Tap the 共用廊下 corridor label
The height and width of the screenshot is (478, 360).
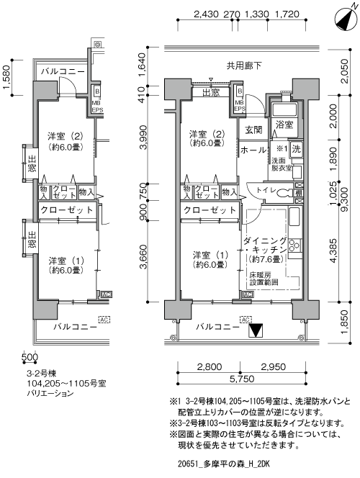pyautogui.click(x=244, y=66)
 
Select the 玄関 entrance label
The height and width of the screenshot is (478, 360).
pyautogui.click(x=253, y=130)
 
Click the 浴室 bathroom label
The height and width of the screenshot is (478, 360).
pyautogui.click(x=284, y=125)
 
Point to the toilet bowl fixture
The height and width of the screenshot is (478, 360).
pyautogui.click(x=282, y=192)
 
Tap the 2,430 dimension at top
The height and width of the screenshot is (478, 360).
pyautogui.click(x=207, y=14)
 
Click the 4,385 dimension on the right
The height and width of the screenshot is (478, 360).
pyautogui.click(x=334, y=251)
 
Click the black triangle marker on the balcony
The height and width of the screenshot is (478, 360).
pyautogui.click(x=256, y=330)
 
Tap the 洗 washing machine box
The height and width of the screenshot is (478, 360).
pyautogui.click(x=296, y=149)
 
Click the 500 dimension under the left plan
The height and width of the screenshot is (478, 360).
pyautogui.click(x=30, y=356)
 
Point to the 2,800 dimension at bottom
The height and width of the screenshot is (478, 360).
pyautogui.click(x=210, y=366)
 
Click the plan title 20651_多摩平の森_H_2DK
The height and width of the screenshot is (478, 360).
pyautogui.click(x=224, y=464)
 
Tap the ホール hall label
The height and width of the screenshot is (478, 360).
pyautogui.click(x=253, y=150)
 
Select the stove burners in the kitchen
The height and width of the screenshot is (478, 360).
pyautogui.click(x=294, y=245)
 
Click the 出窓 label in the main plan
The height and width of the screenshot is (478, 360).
pyautogui.click(x=211, y=92)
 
